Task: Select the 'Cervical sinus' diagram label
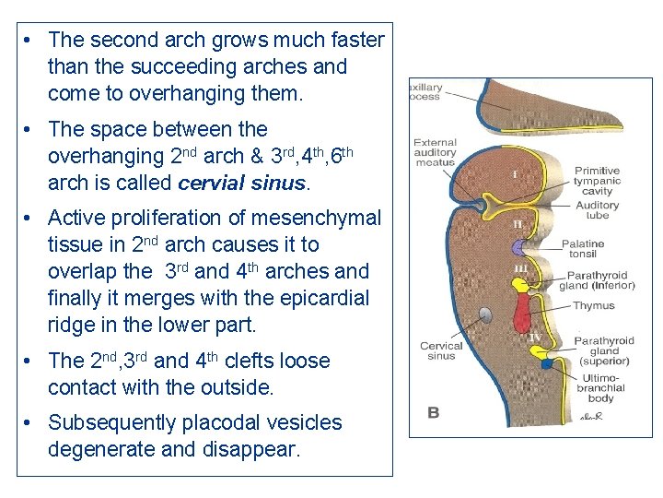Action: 441,351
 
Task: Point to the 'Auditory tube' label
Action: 598,211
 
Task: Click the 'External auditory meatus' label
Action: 435,152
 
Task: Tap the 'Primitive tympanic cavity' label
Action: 597,181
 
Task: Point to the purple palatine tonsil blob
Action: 521,247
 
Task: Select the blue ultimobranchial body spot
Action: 547,363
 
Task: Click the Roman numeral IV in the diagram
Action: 534,338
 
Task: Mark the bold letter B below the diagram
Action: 433,412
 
